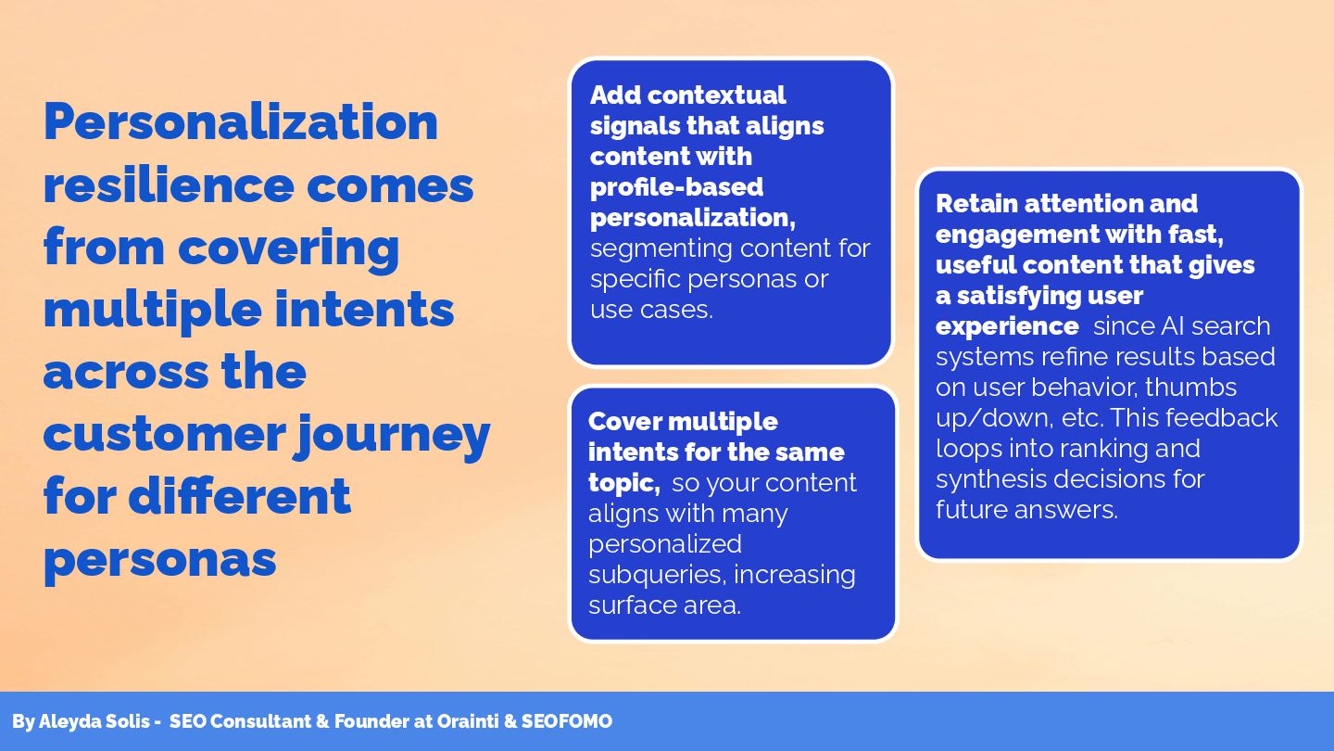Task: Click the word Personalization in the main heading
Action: click(241, 121)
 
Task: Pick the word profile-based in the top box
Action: click(676, 186)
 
